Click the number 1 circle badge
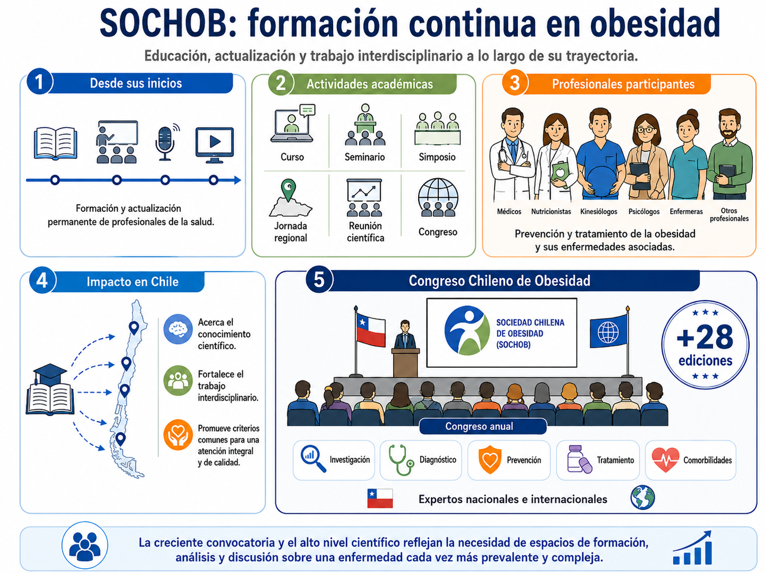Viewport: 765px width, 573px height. point(40,82)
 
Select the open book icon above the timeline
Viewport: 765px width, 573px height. point(55,143)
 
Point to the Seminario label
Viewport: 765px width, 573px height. point(365,157)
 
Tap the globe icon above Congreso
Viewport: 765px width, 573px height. point(438,197)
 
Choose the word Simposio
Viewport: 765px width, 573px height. point(437,157)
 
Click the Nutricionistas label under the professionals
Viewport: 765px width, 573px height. point(551,212)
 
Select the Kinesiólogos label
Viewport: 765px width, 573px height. point(598,212)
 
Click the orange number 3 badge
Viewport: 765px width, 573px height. point(515,83)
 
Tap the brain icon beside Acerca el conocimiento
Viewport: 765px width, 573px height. point(178,329)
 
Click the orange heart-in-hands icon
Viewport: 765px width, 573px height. point(178,435)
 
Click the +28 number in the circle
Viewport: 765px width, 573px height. point(705,337)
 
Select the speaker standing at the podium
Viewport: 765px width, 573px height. point(404,335)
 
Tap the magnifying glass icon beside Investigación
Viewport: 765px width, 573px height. point(313,458)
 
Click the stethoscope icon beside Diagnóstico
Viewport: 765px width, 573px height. point(401,460)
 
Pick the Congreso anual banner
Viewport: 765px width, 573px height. point(483,426)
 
